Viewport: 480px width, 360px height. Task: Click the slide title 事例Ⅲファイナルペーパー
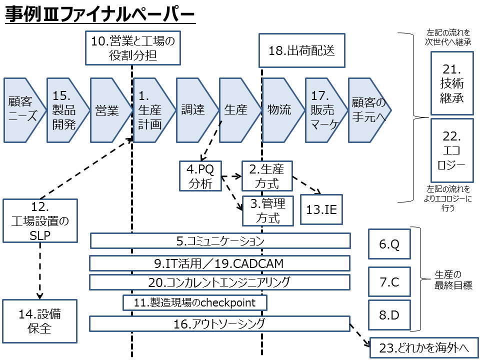point(100,15)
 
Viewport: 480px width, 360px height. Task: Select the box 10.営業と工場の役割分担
point(133,48)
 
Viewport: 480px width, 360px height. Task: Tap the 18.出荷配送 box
point(302,50)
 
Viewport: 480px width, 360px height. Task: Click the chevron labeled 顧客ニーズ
point(21,110)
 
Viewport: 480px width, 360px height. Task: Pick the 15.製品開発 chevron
point(64,110)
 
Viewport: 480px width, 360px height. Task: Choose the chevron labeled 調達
point(193,110)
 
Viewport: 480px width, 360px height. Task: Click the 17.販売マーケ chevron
point(322,110)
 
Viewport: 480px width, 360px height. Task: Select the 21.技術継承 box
point(452,83)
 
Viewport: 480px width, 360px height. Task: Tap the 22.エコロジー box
point(452,150)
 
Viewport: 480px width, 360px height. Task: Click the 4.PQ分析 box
point(200,175)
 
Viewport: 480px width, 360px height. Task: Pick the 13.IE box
point(321,210)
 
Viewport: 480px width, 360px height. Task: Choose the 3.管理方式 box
point(267,210)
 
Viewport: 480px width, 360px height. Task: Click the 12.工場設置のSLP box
point(40,220)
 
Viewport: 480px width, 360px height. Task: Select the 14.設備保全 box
point(40,321)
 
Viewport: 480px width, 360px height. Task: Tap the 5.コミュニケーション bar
point(220,241)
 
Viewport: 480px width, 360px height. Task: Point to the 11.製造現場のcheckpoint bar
point(194,302)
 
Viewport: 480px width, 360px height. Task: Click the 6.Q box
point(389,244)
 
